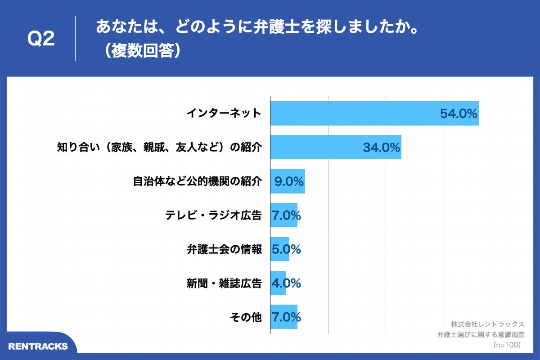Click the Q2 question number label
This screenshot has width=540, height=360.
click(41, 39)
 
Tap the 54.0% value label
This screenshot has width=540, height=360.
click(458, 114)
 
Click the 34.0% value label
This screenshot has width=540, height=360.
click(382, 148)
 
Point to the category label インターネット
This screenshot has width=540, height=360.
click(224, 113)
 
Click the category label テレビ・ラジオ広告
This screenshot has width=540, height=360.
click(214, 216)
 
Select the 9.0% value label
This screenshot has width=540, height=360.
click(289, 182)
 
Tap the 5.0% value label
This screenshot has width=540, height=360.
click(286, 249)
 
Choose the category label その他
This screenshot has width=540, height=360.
click(246, 317)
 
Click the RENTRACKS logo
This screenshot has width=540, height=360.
click(38, 346)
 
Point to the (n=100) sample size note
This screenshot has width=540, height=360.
click(507, 345)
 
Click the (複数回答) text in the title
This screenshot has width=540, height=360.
click(142, 50)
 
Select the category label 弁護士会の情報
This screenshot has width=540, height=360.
click(224, 249)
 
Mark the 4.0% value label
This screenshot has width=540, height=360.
click(286, 283)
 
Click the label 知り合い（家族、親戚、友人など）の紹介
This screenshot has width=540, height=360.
click(159, 148)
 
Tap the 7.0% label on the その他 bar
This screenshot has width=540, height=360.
click(286, 317)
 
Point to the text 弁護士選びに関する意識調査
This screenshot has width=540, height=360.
click(481, 335)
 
